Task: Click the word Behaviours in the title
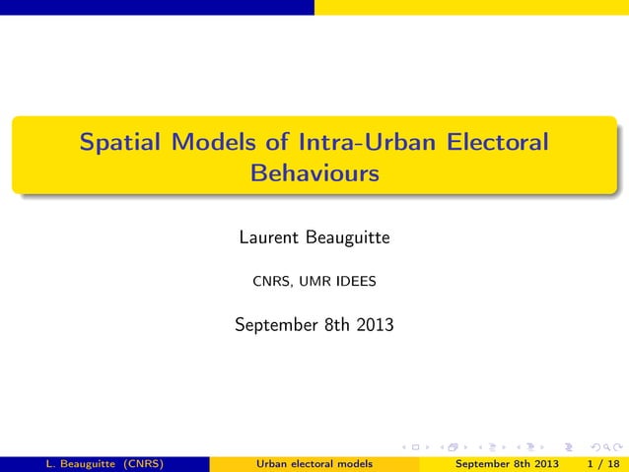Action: (314, 174)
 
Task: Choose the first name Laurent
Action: (270, 238)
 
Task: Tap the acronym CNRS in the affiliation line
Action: (272, 283)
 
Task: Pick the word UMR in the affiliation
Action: (314, 283)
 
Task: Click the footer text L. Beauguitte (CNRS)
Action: (92, 464)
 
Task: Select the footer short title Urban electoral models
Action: (314, 464)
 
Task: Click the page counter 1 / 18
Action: (601, 464)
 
